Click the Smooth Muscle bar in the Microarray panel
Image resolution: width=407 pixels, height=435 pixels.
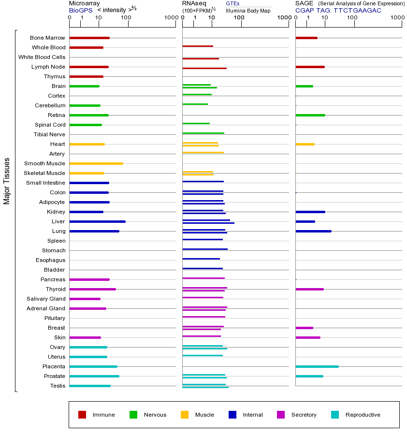tap(96, 163)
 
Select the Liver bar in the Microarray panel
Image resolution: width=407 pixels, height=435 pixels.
tap(97, 221)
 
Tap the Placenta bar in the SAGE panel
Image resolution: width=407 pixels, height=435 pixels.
tap(317, 366)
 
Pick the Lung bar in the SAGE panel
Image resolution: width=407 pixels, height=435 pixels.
tap(313, 231)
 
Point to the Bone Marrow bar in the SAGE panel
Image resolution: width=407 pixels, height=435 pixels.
tap(306, 38)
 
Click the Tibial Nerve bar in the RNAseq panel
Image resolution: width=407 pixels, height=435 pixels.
tap(203, 133)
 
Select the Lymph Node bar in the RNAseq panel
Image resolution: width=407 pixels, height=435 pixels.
tap(204, 68)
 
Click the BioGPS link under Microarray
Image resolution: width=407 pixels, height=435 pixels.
tap(80, 10)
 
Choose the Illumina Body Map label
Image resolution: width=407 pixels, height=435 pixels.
tap(248, 10)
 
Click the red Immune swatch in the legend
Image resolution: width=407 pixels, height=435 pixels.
tap(82, 415)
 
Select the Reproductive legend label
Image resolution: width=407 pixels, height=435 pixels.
tap(363, 415)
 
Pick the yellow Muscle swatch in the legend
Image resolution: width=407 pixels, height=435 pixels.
tap(185, 415)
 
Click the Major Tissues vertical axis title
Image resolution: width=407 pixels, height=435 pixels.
tap(7, 181)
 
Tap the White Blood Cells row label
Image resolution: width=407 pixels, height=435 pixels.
tap(42, 57)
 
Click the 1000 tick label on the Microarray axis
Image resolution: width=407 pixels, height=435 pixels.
tap(170, 18)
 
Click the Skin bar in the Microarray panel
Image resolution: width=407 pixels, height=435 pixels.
tap(85, 337)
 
